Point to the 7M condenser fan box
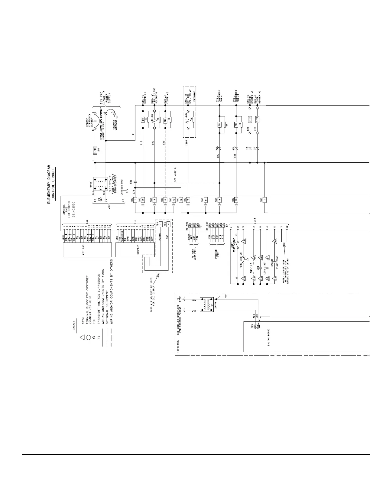220,124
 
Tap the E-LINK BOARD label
268,337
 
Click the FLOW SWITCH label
241,260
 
